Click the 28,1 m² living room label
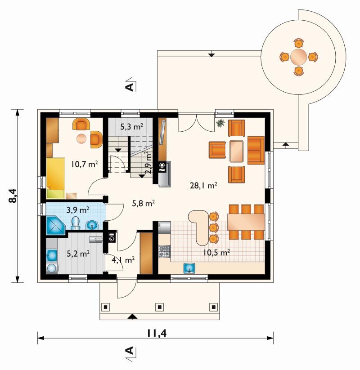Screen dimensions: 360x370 [x=203, y=186]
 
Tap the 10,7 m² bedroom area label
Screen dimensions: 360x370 [x=85, y=164]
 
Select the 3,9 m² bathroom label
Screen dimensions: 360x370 [x=78, y=210]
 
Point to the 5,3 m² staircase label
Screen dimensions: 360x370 [x=131, y=127]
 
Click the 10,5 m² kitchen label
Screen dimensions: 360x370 [x=216, y=253]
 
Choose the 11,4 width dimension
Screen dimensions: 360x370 [x=157, y=333]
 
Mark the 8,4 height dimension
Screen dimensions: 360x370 [x=13, y=196]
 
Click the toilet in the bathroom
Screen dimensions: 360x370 [x=76, y=223]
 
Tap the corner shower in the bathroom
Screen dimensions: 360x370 [x=56, y=225]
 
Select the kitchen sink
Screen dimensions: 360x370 [x=189, y=268]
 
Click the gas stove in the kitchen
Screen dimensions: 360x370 [x=164, y=251]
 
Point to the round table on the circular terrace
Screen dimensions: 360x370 [x=299, y=57]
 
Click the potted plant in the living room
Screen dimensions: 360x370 [x=220, y=123]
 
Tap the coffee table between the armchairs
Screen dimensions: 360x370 [x=237, y=151]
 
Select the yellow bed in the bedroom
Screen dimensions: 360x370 [x=56, y=178]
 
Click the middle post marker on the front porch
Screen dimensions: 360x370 [x=159, y=307]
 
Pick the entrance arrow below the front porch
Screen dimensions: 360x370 [x=133, y=317]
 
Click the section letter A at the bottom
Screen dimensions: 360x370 [x=130, y=350]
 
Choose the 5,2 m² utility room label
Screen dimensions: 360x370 [x=78, y=254]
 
